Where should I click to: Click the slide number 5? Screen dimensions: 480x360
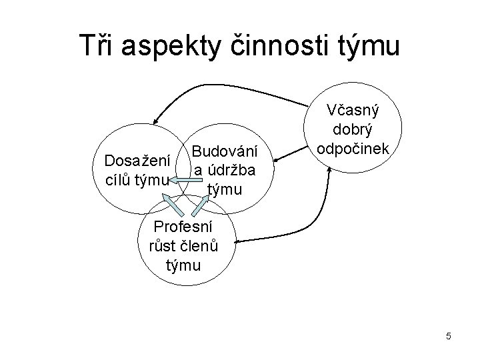[x=449, y=337]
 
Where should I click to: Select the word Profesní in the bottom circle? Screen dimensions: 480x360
[x=184, y=226]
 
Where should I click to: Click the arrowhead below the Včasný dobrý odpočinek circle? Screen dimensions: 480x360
[x=329, y=170]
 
